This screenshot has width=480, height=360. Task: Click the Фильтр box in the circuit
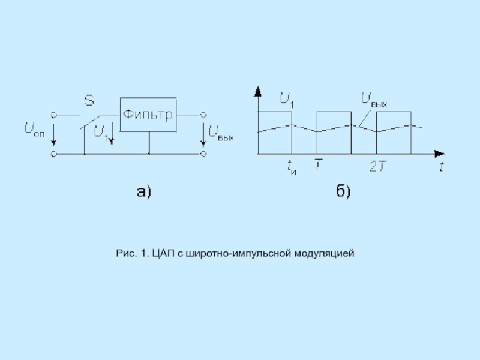tap(148, 114)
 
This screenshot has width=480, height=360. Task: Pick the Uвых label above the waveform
tap(373, 100)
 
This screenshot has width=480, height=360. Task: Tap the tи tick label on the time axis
tap(292, 167)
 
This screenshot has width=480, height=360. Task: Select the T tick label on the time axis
tap(317, 164)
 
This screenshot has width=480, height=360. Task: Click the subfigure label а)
tap(145, 192)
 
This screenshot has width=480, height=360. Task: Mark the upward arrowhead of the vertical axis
tap(258, 92)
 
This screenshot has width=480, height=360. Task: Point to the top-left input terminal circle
tap(53, 114)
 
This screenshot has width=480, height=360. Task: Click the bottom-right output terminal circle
tap(204, 154)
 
